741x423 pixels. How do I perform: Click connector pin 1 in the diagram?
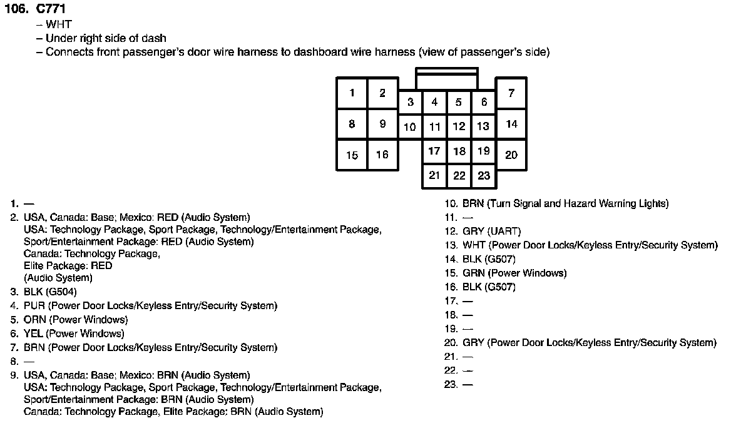point(352,93)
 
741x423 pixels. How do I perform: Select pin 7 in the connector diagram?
point(511,93)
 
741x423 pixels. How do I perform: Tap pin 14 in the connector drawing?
point(511,124)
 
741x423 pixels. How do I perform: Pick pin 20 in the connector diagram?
point(511,155)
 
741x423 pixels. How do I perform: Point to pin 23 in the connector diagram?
point(484,176)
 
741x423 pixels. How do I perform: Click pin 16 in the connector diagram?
point(382,155)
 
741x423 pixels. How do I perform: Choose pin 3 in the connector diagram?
point(410,102)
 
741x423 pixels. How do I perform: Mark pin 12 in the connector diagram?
point(459,126)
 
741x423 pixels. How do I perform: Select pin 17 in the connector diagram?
point(434,151)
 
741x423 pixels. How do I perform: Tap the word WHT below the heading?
point(59,25)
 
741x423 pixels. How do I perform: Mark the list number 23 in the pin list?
point(451,384)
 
